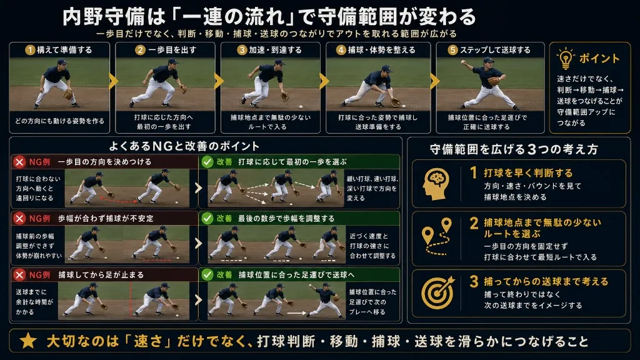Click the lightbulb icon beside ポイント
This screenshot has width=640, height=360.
point(566,59)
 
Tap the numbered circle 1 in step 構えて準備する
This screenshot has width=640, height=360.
point(30,50)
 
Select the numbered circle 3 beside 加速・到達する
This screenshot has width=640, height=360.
point(242,50)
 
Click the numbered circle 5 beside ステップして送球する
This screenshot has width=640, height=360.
point(452,50)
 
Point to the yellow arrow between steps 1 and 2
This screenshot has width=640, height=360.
point(113,81)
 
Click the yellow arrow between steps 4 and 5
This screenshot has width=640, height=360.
point(435,81)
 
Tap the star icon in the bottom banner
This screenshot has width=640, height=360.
point(28,341)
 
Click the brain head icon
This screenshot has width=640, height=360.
point(436,184)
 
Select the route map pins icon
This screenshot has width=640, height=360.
point(437,237)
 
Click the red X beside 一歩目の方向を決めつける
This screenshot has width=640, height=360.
point(19,162)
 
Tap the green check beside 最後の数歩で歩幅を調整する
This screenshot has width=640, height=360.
point(207,218)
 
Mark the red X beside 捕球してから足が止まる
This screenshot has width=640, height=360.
point(19,275)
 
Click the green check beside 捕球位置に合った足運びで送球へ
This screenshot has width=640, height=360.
point(207,275)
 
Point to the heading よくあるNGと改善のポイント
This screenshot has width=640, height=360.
point(184,146)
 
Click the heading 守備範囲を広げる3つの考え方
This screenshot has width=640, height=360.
point(514,149)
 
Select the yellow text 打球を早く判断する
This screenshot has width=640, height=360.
point(528,173)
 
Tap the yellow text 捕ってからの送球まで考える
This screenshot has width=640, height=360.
point(546,281)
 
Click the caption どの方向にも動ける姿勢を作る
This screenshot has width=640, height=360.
point(59,121)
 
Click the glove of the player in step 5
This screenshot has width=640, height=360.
point(494,81)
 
